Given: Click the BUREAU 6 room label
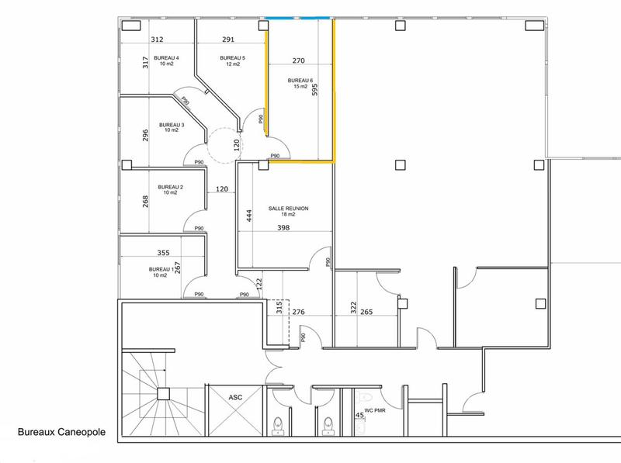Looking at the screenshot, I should [300, 80].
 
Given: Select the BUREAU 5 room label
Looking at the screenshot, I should [232, 58].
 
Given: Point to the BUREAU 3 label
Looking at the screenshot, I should [172, 125].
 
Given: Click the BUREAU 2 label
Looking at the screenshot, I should [170, 187].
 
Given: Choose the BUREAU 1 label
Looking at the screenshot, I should [163, 269].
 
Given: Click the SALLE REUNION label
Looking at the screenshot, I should [289, 209].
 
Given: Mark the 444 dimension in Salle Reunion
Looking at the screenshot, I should [249, 215].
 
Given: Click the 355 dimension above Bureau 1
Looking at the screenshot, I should [163, 253].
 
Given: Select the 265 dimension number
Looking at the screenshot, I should [367, 312].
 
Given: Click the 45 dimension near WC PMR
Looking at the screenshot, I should [359, 416].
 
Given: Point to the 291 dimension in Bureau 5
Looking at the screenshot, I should [229, 39].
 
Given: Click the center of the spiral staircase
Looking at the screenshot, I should [164, 393].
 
